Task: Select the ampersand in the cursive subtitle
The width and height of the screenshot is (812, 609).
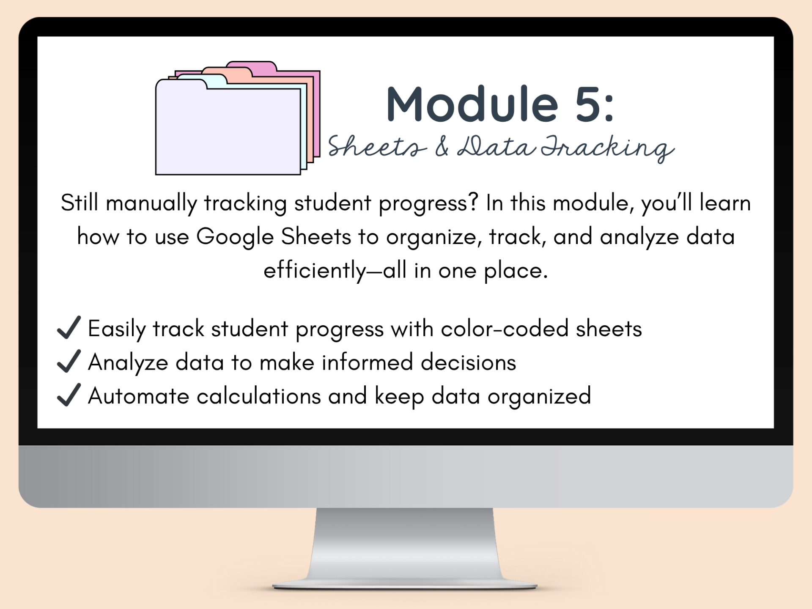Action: click(442, 146)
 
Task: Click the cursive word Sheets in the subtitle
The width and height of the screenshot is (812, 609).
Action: click(377, 146)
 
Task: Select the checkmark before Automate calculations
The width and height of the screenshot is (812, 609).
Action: click(69, 395)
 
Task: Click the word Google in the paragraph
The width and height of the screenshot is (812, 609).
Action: click(235, 237)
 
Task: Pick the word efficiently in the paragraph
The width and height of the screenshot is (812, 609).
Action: click(315, 271)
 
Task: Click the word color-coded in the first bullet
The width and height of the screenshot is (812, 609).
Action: click(505, 329)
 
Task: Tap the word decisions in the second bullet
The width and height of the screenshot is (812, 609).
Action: click(468, 362)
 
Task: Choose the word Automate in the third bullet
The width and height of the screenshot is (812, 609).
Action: click(139, 396)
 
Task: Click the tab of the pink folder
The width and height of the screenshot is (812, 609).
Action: click(252, 66)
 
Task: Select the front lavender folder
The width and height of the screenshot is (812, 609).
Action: click(228, 127)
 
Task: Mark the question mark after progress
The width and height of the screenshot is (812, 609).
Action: click(473, 202)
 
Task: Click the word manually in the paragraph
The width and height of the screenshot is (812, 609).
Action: click(151, 204)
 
